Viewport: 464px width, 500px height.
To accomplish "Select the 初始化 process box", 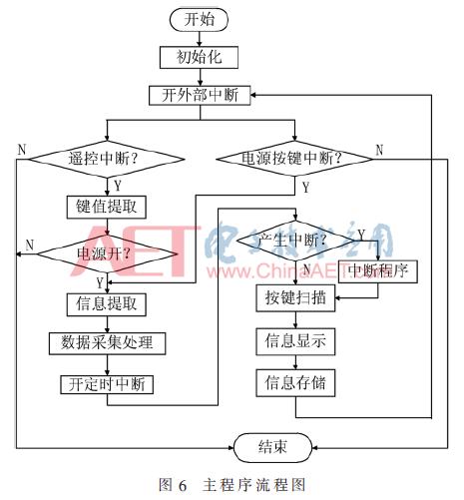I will [199, 57].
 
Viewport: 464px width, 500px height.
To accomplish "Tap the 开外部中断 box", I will [199, 94].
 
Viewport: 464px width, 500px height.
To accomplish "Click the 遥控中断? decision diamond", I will [108, 158].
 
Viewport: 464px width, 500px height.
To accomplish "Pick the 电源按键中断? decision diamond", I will [289, 158].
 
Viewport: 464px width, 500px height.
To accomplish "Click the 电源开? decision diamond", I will [108, 252].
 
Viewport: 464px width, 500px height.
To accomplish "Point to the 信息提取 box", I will [107, 301].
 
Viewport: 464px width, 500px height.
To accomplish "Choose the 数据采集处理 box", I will [107, 342].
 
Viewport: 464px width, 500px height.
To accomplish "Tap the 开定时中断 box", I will [107, 384].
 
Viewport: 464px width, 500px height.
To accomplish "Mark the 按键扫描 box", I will [290, 297].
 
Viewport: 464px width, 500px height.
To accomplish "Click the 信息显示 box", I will [290, 340].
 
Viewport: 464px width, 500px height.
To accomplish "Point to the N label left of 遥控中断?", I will [21, 149].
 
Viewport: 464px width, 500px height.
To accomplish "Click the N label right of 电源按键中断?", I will [380, 150].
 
